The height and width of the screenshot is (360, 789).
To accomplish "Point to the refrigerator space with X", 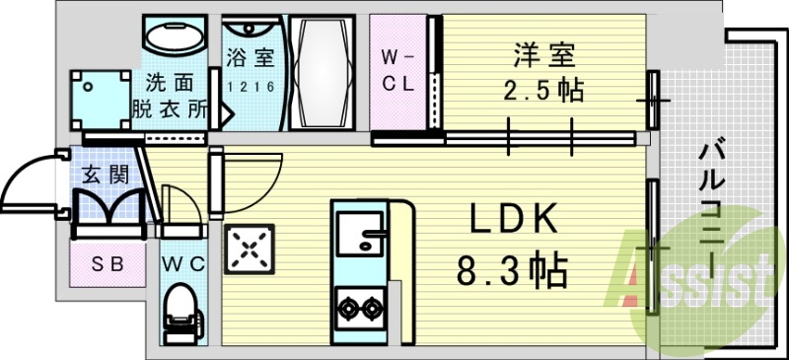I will pos(250,250).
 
